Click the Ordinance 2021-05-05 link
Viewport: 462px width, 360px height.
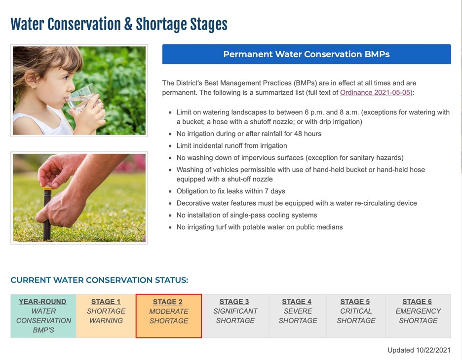tap(375, 92)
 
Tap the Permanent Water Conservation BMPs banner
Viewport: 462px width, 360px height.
tap(307, 54)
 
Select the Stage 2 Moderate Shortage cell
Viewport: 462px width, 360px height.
tap(169, 316)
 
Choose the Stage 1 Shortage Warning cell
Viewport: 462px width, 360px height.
tap(106, 316)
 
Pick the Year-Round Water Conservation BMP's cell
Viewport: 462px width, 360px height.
tap(43, 316)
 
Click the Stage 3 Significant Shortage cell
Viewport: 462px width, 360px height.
tap(235, 316)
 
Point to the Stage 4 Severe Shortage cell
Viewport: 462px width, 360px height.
tap(298, 316)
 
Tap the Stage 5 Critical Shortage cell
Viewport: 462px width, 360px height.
tap(356, 316)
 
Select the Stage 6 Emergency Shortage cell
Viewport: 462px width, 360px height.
tap(418, 316)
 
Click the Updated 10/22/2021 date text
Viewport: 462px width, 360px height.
tap(419, 350)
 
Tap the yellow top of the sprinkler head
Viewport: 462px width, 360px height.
tap(47, 187)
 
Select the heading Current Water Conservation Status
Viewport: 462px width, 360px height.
tap(99, 280)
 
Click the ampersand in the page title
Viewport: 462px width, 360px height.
tap(128, 24)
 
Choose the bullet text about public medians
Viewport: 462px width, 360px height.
tap(260, 227)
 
